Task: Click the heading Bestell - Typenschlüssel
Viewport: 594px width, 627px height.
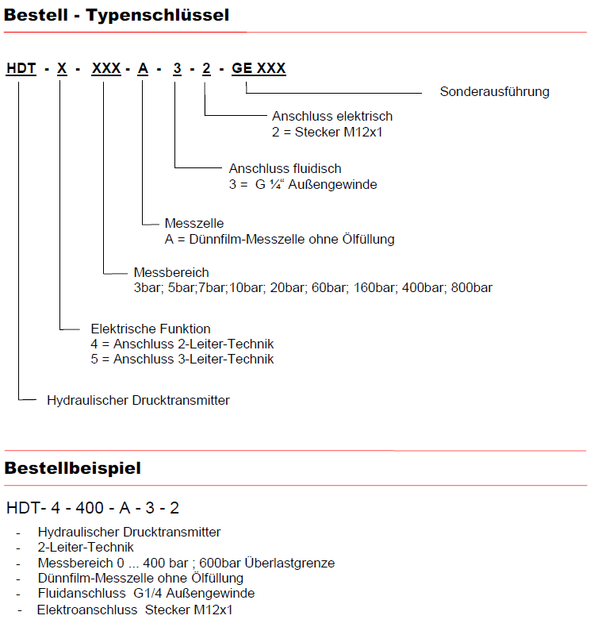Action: tap(117, 14)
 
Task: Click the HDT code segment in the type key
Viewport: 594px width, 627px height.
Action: tap(21, 68)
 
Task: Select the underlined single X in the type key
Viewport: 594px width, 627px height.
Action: tap(62, 68)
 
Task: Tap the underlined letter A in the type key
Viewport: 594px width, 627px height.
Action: tap(143, 68)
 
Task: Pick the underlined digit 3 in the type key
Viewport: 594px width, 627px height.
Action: tap(178, 68)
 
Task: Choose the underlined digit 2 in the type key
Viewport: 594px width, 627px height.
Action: tap(206, 68)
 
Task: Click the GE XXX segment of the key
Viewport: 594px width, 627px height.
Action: tap(259, 68)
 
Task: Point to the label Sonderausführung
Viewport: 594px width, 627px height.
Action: tap(494, 91)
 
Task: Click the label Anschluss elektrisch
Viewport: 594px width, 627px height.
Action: tap(332, 117)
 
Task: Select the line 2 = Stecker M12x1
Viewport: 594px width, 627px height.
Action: tap(328, 132)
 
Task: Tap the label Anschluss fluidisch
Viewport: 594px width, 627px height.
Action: tap(285, 169)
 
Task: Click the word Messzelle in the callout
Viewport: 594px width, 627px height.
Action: tap(194, 224)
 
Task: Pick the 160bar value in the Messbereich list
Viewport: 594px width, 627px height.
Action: tap(373, 287)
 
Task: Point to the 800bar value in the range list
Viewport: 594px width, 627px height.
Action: tap(472, 287)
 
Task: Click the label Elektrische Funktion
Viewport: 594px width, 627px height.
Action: tap(151, 329)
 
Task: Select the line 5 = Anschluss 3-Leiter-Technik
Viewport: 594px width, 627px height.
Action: tap(182, 360)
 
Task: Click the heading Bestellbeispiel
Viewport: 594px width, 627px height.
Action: tap(73, 468)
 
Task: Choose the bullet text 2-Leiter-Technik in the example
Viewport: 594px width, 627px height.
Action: tap(86, 548)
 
